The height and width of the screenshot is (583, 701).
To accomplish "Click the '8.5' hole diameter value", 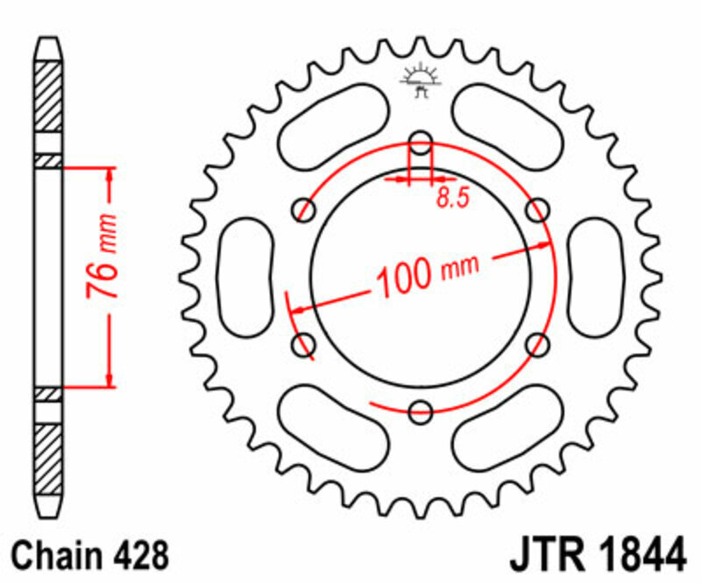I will (453, 199).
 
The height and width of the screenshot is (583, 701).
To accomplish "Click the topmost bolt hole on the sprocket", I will (421, 142).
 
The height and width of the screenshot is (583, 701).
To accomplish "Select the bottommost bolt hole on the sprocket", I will (421, 410).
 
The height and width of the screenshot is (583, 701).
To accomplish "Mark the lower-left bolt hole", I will (306, 342).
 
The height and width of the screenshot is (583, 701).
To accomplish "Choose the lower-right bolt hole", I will (538, 342).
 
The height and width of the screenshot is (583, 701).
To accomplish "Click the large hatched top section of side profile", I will (48, 96).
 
